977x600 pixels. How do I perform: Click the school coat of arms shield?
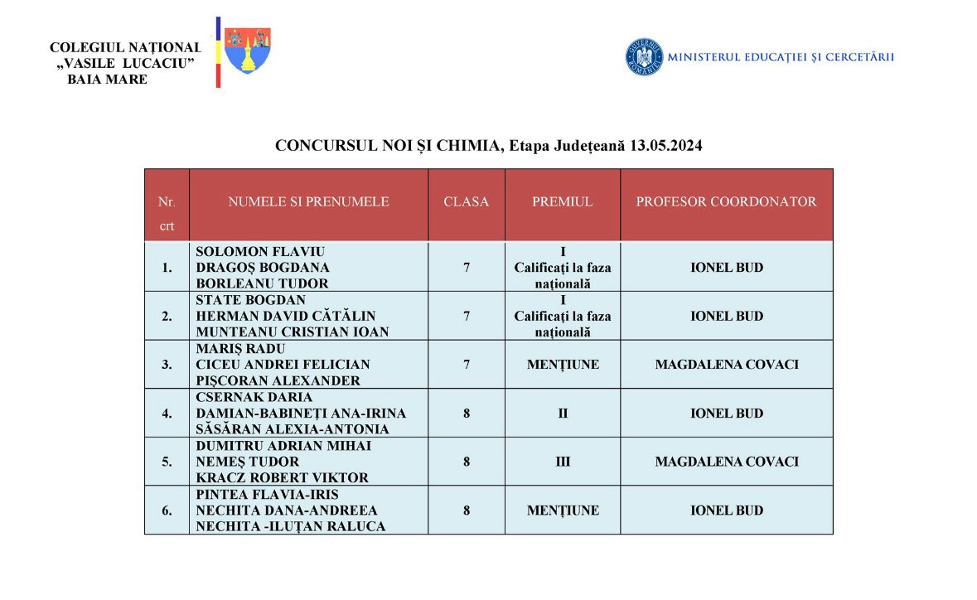click(x=247, y=51)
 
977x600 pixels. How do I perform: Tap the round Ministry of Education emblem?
click(x=644, y=57)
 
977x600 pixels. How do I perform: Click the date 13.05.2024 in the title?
click(x=666, y=146)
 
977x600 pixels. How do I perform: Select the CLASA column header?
click(x=467, y=201)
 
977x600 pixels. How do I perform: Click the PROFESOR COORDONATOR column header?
click(x=726, y=201)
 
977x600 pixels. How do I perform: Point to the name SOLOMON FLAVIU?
click(x=260, y=251)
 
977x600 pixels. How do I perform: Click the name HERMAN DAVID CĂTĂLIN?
click(x=286, y=316)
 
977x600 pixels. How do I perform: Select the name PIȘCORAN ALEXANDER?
click(x=278, y=380)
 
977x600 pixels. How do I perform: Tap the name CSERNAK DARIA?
click(x=254, y=397)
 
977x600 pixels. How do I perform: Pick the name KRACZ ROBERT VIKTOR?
click(x=283, y=477)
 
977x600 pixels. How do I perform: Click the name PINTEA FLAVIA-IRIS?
click(x=268, y=494)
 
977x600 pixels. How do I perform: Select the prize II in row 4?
click(x=563, y=413)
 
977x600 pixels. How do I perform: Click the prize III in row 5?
click(x=563, y=462)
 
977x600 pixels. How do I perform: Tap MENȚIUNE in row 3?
click(x=563, y=365)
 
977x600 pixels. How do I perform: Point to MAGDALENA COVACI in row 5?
click(x=727, y=462)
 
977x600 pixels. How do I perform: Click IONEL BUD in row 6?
click(x=727, y=510)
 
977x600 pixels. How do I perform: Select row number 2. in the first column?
click(x=167, y=316)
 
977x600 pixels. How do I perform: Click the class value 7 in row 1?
click(x=467, y=268)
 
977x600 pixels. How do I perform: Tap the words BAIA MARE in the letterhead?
click(x=108, y=80)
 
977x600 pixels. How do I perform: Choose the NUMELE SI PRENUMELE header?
click(x=308, y=201)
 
